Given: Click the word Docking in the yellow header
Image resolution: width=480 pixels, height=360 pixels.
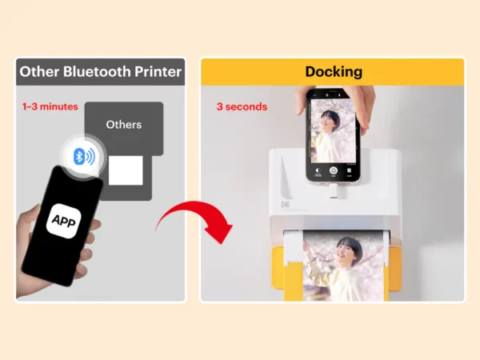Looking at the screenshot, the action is (334, 72).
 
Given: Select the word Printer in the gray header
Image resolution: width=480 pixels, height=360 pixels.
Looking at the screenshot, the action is (158, 72).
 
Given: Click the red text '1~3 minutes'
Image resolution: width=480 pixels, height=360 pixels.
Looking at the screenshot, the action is (50, 106).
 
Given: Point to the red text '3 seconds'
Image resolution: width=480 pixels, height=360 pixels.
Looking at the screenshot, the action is (242, 106).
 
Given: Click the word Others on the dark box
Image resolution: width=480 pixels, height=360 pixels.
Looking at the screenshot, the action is (124, 125).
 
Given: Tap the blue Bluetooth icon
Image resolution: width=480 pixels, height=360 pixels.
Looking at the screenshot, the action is (84, 157).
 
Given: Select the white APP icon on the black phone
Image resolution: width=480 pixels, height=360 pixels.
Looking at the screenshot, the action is (64, 221).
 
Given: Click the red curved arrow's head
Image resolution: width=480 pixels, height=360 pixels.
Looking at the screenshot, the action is (220, 230).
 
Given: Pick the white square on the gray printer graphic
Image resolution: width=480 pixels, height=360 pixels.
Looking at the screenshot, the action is (126, 170).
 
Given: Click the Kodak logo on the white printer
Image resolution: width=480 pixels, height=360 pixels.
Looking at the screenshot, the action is (286, 204).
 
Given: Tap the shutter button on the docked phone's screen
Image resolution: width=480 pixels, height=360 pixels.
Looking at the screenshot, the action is (334, 170).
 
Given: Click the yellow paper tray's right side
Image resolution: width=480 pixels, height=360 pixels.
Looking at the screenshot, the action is (395, 269).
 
